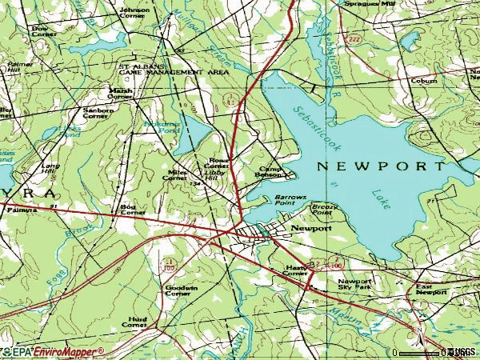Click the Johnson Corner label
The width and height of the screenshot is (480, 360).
pos(134,13)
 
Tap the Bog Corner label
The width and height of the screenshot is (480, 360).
pos(132,210)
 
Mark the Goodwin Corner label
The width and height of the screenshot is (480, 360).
pos(178,291)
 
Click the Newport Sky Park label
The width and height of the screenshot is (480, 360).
pos(354,286)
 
